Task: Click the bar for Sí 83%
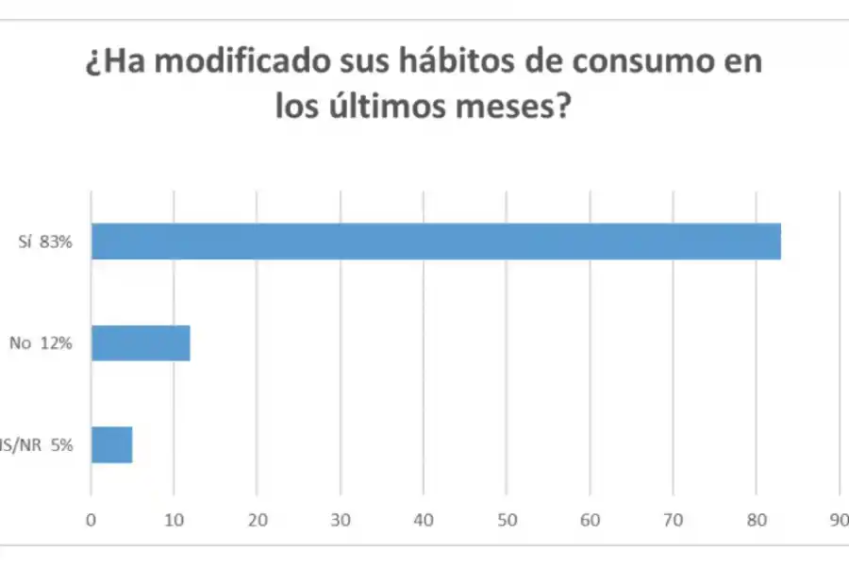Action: click(x=436, y=241)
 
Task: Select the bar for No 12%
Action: click(x=141, y=343)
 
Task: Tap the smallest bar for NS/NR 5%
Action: click(x=111, y=444)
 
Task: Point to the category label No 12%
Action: click(x=41, y=343)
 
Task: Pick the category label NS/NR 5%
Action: click(x=38, y=444)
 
